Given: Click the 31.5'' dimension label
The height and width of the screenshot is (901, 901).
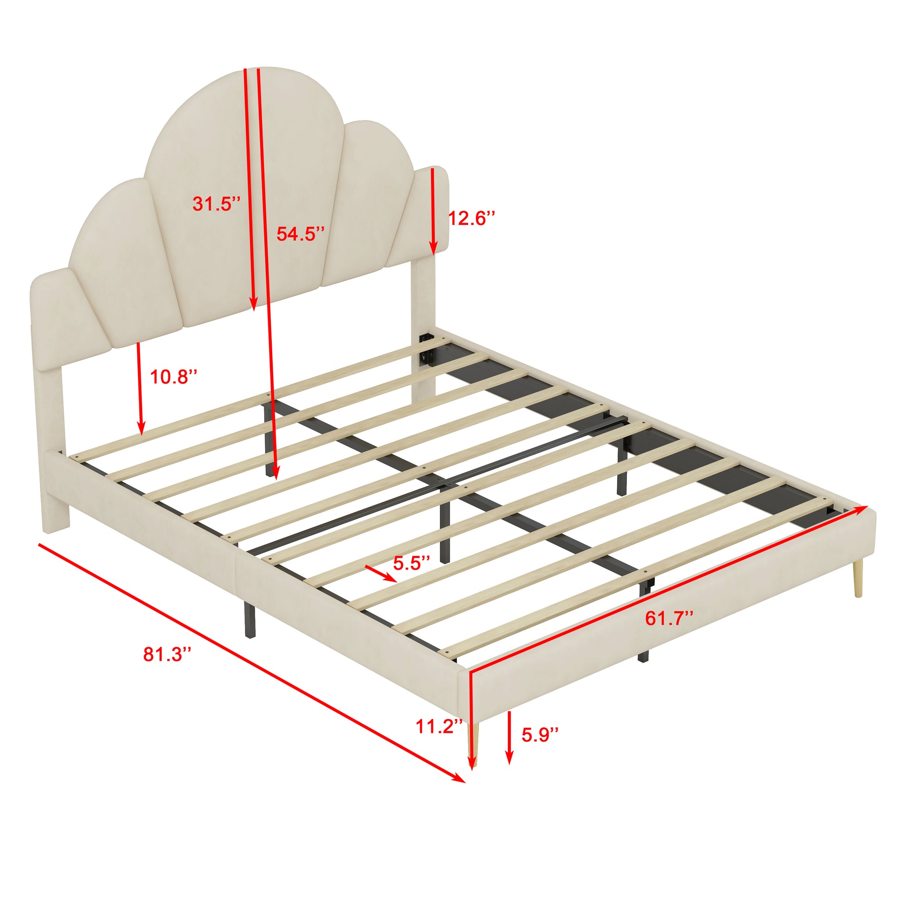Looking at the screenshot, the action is [217, 204].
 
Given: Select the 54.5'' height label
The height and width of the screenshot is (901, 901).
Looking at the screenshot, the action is [300, 234].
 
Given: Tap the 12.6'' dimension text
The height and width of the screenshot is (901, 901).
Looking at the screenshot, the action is [471, 218].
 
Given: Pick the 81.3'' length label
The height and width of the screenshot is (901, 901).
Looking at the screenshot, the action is [168, 654].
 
